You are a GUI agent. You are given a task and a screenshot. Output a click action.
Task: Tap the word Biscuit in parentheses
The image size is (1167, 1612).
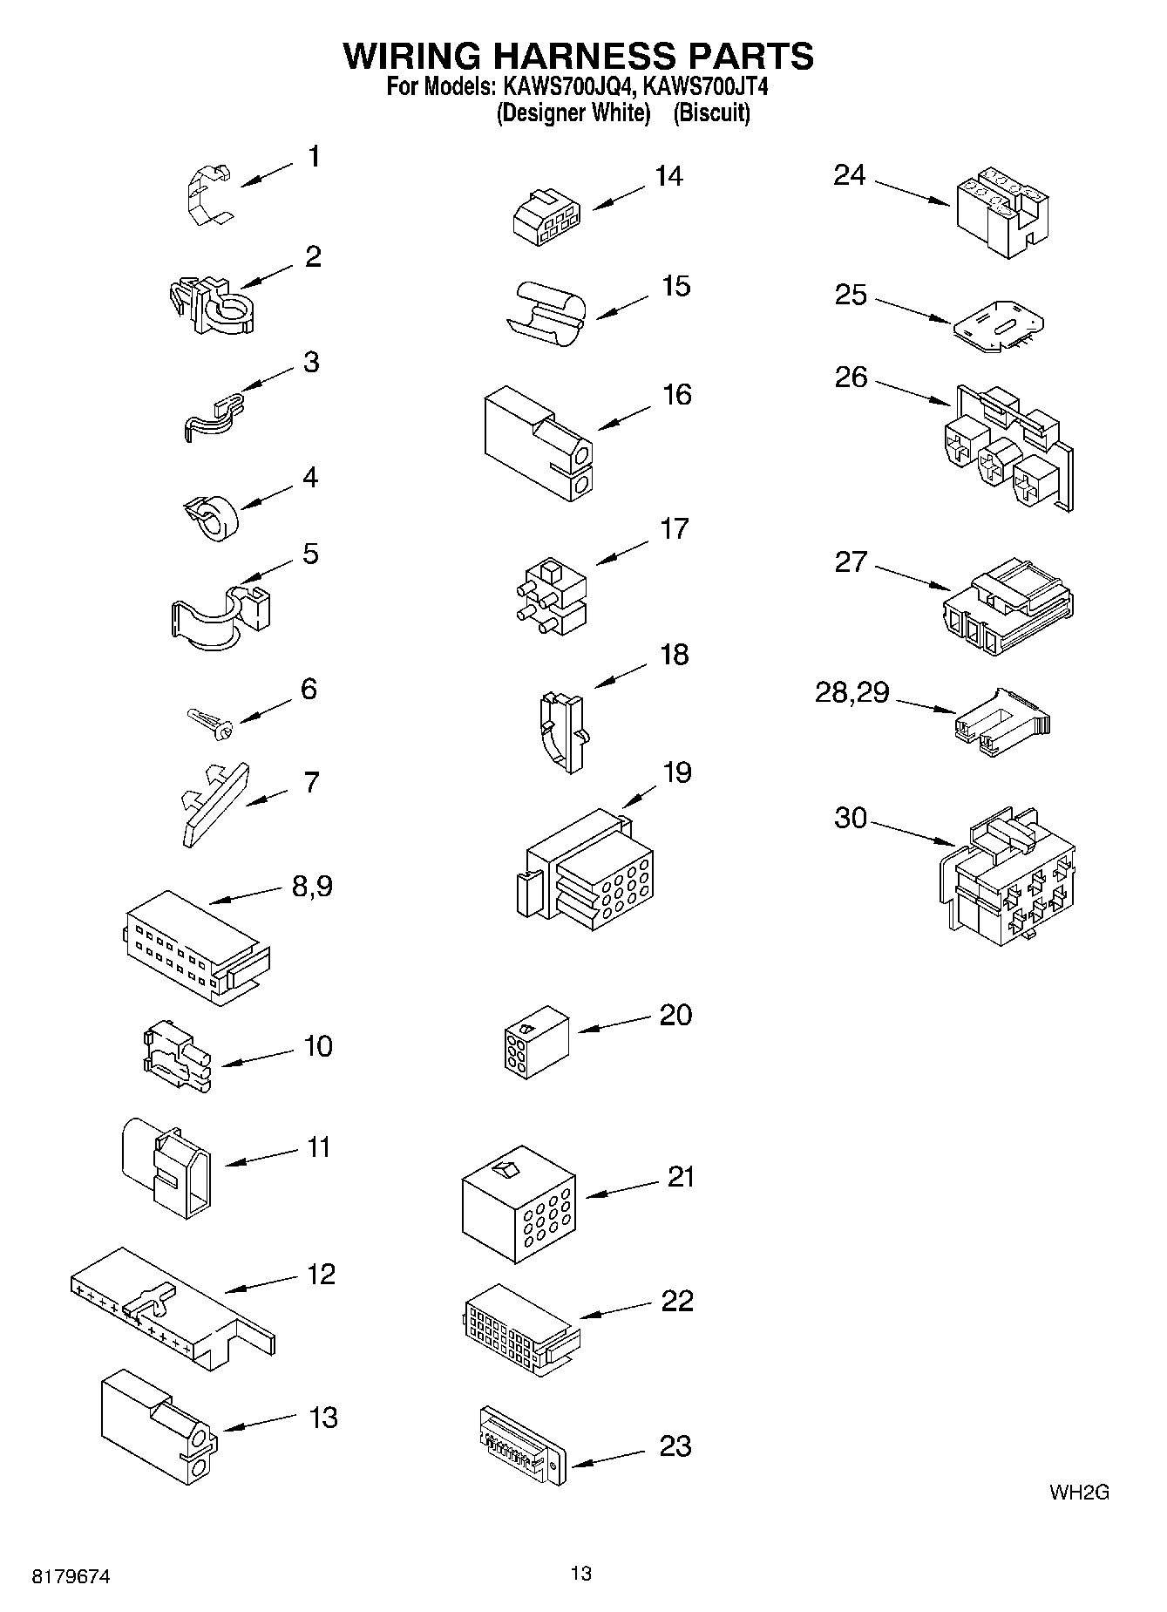711,113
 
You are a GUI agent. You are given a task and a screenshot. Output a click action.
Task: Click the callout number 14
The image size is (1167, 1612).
668,176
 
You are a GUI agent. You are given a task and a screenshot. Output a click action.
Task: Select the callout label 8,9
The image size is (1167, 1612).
311,887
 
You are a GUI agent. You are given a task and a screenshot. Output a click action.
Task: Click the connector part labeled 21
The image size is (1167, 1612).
518,1204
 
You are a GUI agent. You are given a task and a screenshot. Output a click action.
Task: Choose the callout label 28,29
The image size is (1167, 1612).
852,693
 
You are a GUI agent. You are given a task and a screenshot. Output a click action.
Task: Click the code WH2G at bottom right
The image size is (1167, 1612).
1078,1493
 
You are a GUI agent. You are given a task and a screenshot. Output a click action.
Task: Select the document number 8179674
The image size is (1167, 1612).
71,1576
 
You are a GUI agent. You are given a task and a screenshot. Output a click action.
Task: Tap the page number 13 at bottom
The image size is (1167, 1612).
580,1574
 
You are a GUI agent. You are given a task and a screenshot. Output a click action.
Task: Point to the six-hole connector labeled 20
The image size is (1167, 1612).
535,1037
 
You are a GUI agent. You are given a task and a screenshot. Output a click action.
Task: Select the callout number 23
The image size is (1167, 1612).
675,1445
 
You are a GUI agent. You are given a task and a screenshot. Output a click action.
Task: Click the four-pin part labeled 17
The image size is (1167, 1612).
550,595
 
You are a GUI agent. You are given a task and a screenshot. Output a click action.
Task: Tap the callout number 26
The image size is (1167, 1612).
851,377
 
